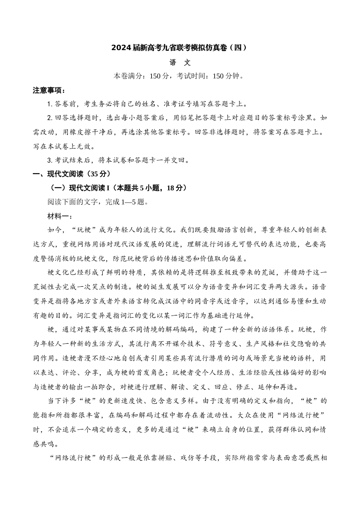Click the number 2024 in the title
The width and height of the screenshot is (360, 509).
[121, 48]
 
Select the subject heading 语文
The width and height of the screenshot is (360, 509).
[180, 62]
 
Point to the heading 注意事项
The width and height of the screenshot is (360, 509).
[49, 91]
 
